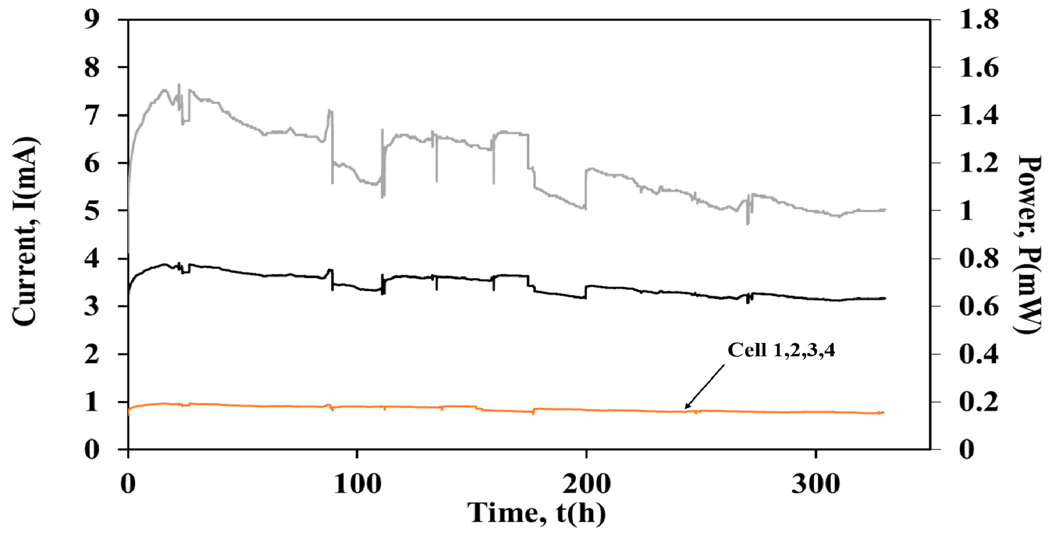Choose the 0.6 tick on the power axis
click(979, 306)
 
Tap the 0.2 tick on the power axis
click(979, 402)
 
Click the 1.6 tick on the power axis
click(979, 68)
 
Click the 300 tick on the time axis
click(815, 484)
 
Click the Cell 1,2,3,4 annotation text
click(781, 351)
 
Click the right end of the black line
click(885, 298)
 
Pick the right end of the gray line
click(885, 210)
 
